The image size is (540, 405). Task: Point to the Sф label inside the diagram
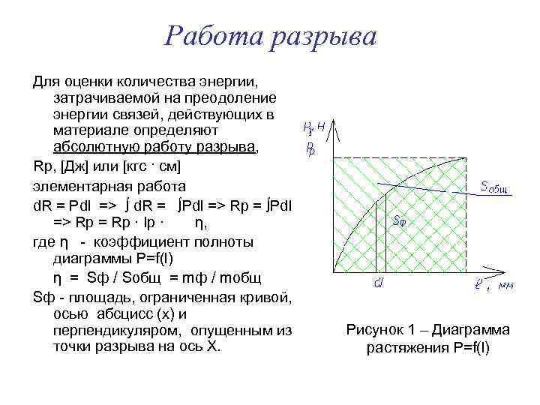(400, 220)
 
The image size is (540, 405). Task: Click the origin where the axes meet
(332, 271)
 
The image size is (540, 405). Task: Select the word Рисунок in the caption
(376, 330)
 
